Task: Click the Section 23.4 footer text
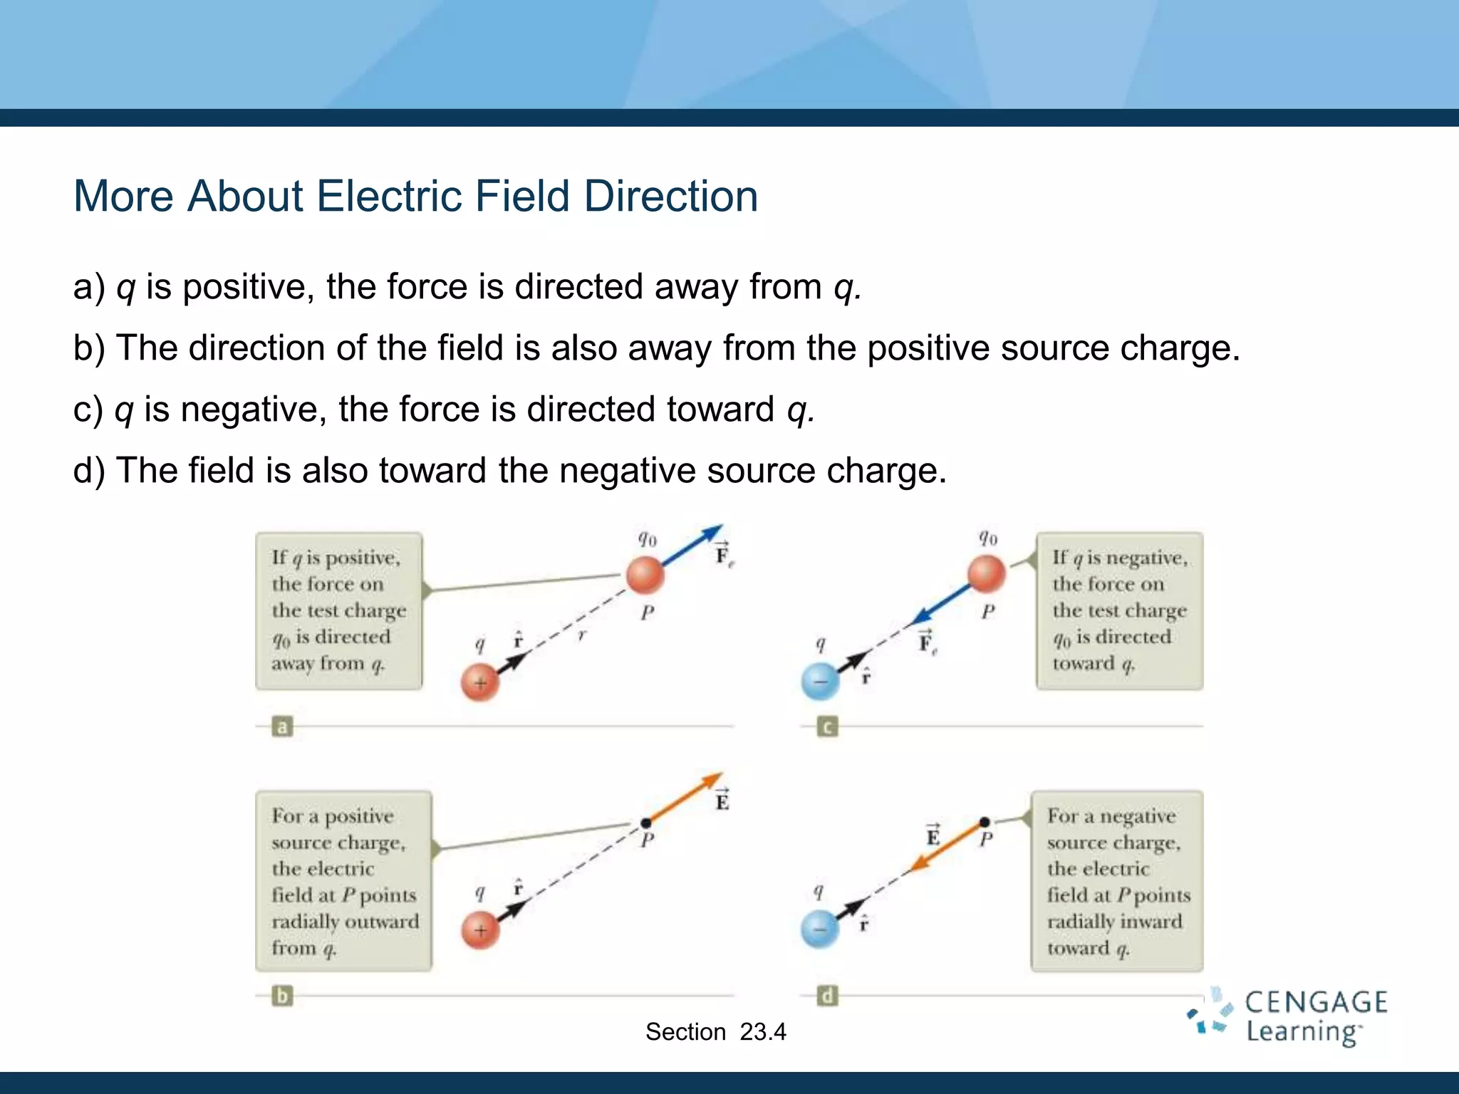(715, 1031)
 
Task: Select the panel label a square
(282, 727)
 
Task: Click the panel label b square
(282, 995)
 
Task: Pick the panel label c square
(827, 727)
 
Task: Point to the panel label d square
(827, 995)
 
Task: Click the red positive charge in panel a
(480, 682)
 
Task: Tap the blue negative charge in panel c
(820, 681)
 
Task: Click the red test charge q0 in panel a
(645, 574)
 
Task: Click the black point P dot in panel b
(645, 823)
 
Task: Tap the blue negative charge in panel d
(820, 929)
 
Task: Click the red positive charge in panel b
(480, 929)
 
